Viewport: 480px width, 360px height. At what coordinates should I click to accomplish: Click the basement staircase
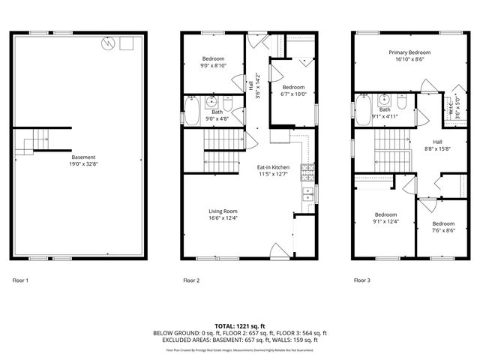click(35, 141)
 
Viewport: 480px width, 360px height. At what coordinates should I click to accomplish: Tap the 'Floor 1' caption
click(20, 280)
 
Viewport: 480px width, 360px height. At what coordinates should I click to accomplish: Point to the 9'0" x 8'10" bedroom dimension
click(214, 66)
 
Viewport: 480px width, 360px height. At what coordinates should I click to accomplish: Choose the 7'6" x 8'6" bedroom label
click(442, 226)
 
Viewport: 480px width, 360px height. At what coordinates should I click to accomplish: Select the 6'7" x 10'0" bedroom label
click(292, 91)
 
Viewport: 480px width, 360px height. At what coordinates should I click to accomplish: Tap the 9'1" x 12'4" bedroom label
click(385, 217)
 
